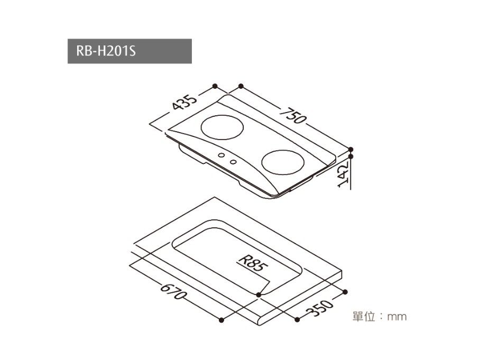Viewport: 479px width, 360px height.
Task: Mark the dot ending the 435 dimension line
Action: tap(215, 86)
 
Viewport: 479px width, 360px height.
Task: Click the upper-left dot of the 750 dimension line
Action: tap(241, 86)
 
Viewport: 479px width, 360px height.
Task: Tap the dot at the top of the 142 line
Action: tap(351, 150)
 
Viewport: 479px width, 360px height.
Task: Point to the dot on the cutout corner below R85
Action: tap(258, 294)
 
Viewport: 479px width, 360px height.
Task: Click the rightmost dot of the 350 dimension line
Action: tap(346, 291)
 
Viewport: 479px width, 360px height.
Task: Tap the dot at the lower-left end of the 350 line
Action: tap(297, 319)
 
